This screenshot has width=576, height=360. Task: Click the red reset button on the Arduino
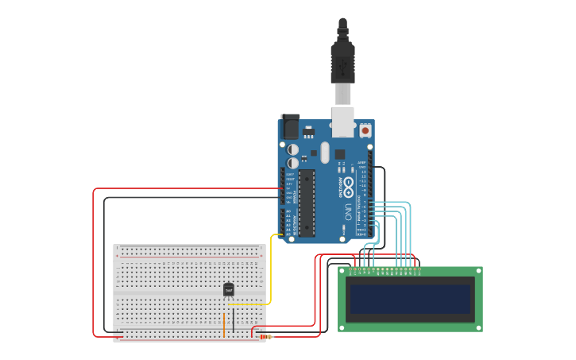click(x=365, y=130)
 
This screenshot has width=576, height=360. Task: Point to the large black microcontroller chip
click(x=307, y=203)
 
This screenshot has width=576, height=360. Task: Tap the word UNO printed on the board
click(x=348, y=212)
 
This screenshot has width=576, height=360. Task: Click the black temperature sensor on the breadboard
click(x=229, y=290)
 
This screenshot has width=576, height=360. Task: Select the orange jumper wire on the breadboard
click(x=224, y=324)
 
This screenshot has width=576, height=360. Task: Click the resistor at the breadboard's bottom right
click(x=264, y=337)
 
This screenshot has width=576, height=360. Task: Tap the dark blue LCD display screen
click(x=410, y=299)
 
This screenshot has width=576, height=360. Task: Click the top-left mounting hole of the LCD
click(x=342, y=271)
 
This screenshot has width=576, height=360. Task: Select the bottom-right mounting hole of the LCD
click(x=478, y=327)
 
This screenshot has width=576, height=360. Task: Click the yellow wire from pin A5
click(x=271, y=270)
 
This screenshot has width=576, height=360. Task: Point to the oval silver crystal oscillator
click(x=325, y=152)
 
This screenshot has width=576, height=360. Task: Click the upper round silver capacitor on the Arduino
click(x=292, y=149)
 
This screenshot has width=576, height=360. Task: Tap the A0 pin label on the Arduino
click(x=288, y=211)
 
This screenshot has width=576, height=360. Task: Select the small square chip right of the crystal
click(x=339, y=154)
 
